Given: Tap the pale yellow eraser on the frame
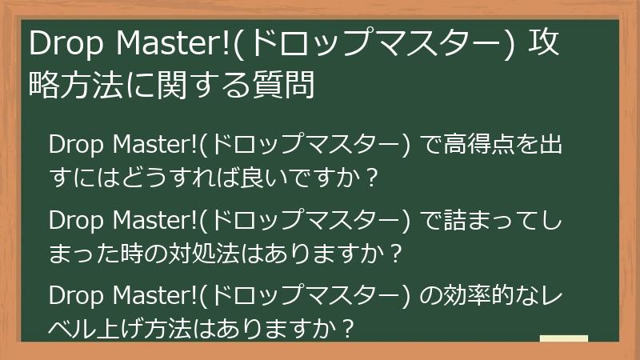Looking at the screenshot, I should [564, 338].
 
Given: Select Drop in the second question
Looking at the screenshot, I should [74, 220].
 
